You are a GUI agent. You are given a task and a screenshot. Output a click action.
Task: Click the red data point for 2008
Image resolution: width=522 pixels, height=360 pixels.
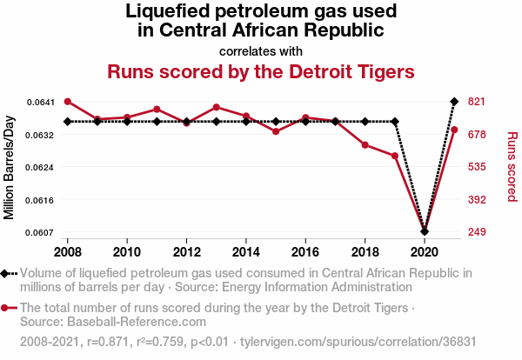[68, 102]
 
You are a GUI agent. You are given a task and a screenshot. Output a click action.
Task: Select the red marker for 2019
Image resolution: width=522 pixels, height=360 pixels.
[395, 156]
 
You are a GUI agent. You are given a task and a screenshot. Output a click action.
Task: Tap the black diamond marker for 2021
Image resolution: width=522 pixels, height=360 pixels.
[454, 102]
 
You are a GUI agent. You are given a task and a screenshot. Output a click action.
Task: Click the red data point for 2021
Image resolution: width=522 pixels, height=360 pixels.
[454, 130]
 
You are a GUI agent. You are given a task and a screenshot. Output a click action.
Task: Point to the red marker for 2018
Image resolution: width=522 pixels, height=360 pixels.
[365, 144]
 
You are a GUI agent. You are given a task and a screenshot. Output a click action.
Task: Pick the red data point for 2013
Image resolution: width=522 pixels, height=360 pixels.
[217, 107]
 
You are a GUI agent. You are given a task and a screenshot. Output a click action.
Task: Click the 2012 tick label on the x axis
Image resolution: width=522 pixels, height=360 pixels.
[186, 251]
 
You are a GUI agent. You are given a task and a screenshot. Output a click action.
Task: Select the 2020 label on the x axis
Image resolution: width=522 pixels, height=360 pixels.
[425, 251]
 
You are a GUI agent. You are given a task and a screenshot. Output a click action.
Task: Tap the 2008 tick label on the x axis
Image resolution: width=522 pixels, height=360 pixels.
[68, 251]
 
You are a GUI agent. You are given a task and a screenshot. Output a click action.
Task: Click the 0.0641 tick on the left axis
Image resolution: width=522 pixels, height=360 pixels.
[40, 102]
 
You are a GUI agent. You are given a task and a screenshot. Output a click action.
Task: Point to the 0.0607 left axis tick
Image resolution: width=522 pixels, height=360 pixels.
[40, 232]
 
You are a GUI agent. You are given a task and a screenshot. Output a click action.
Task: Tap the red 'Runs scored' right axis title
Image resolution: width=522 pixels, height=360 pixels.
[512, 167]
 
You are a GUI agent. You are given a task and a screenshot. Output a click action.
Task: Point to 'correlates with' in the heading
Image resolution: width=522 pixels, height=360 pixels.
[261, 50]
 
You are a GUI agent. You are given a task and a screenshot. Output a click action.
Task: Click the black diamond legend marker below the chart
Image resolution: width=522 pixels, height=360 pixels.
[7, 273]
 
